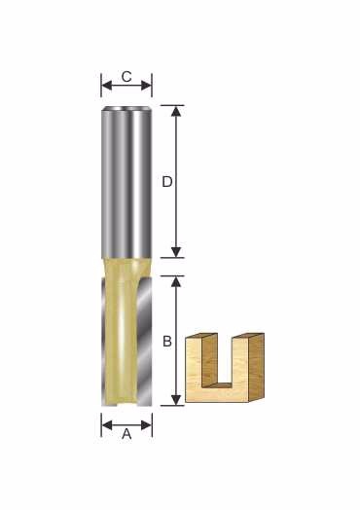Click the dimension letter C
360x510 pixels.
tap(126, 77)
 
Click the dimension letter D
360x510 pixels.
tap(166, 182)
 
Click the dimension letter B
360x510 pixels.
tap(167, 342)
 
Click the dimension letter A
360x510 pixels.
tap(126, 434)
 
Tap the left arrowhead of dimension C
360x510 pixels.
tap(107, 86)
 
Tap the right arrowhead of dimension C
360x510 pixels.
tap(146, 86)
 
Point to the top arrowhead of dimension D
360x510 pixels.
tap(176, 111)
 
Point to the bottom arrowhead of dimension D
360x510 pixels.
tap(176, 252)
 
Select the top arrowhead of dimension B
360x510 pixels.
tap(176, 281)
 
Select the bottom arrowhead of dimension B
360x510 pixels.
tap(176, 400)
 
